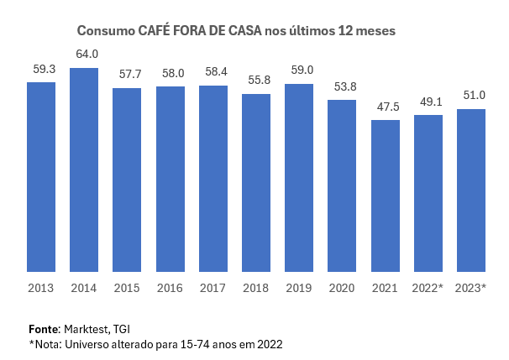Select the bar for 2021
386,196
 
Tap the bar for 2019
299,178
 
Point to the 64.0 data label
84,54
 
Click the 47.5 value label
386,107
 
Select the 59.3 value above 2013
40,69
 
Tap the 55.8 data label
256,80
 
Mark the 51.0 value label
472,96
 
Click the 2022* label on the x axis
428,288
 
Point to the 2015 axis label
127,288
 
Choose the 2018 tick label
256,288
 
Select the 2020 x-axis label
343,288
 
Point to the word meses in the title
374,30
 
